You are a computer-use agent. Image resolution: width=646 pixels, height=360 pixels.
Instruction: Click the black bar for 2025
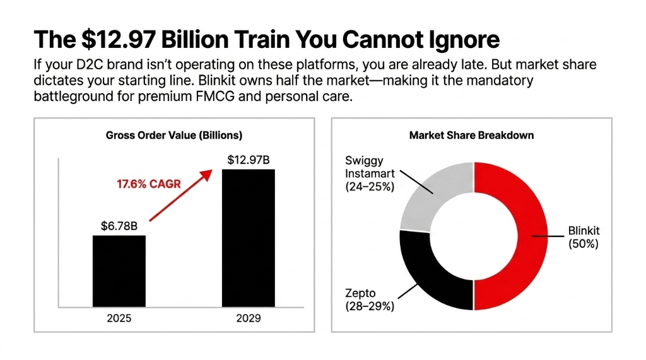[119, 271]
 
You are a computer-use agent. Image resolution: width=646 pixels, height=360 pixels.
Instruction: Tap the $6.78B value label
[119, 226]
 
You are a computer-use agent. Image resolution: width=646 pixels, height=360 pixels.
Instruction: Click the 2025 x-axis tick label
[119, 318]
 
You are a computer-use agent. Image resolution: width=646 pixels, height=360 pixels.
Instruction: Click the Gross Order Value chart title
[173, 136]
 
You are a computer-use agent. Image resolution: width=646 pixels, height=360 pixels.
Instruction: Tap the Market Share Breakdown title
[471, 136]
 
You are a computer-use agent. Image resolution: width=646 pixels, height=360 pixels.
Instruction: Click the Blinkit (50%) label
[583, 237]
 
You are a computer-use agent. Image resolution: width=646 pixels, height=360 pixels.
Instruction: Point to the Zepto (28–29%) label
[370, 300]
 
